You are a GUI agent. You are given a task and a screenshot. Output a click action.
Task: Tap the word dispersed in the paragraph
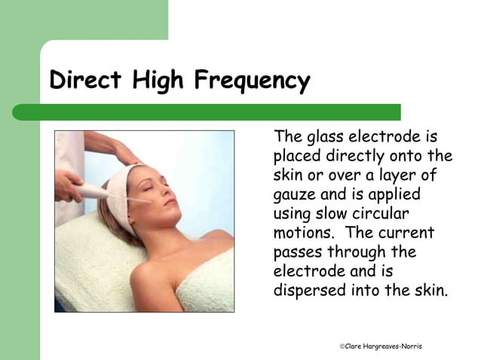[308, 288]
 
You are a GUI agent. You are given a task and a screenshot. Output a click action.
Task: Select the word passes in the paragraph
[298, 252]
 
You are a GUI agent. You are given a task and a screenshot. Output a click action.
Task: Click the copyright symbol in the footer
[342, 346]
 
